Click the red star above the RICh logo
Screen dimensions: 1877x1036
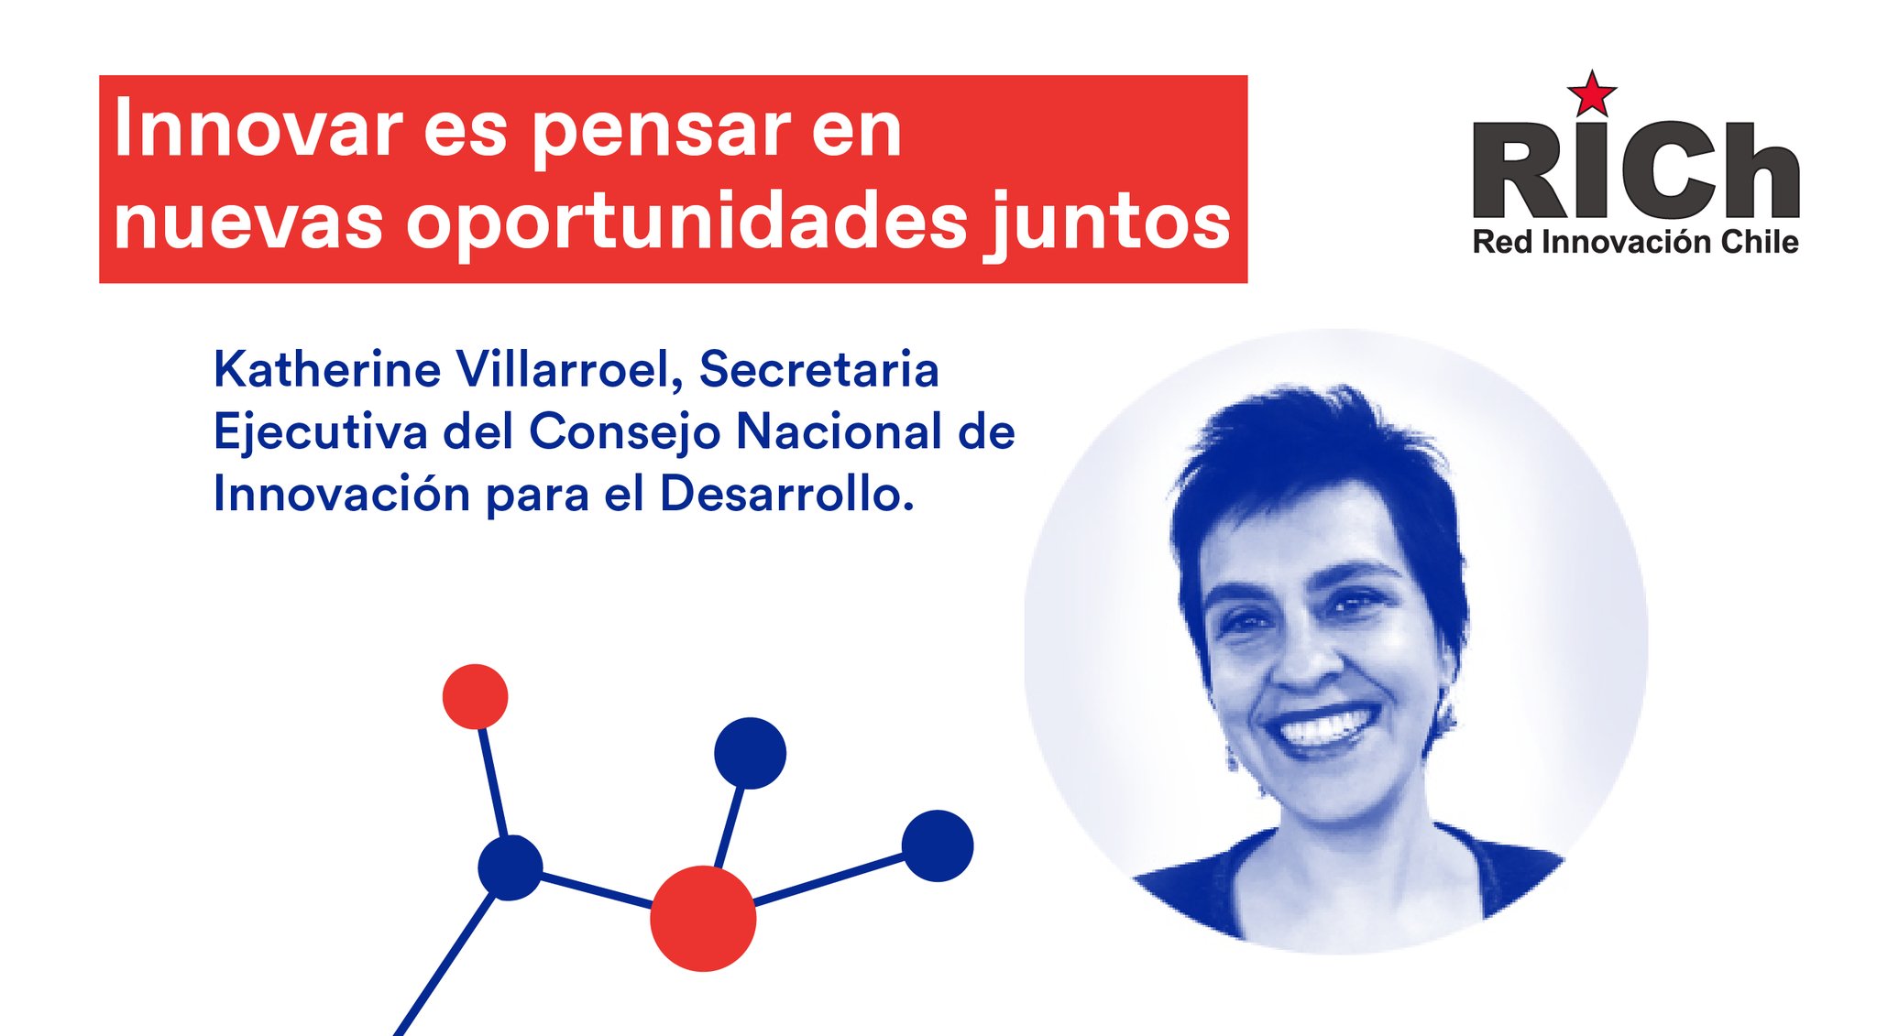(1592, 93)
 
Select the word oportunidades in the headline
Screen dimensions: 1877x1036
(686, 223)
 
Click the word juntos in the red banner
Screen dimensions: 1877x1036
(1107, 223)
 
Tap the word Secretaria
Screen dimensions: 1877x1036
(819, 369)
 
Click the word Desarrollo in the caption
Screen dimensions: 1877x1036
(786, 495)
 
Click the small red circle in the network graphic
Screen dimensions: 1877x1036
(475, 696)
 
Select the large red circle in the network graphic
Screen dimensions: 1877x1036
(703, 918)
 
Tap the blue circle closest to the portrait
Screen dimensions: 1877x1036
(938, 845)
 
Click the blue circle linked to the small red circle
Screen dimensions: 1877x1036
(510, 867)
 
